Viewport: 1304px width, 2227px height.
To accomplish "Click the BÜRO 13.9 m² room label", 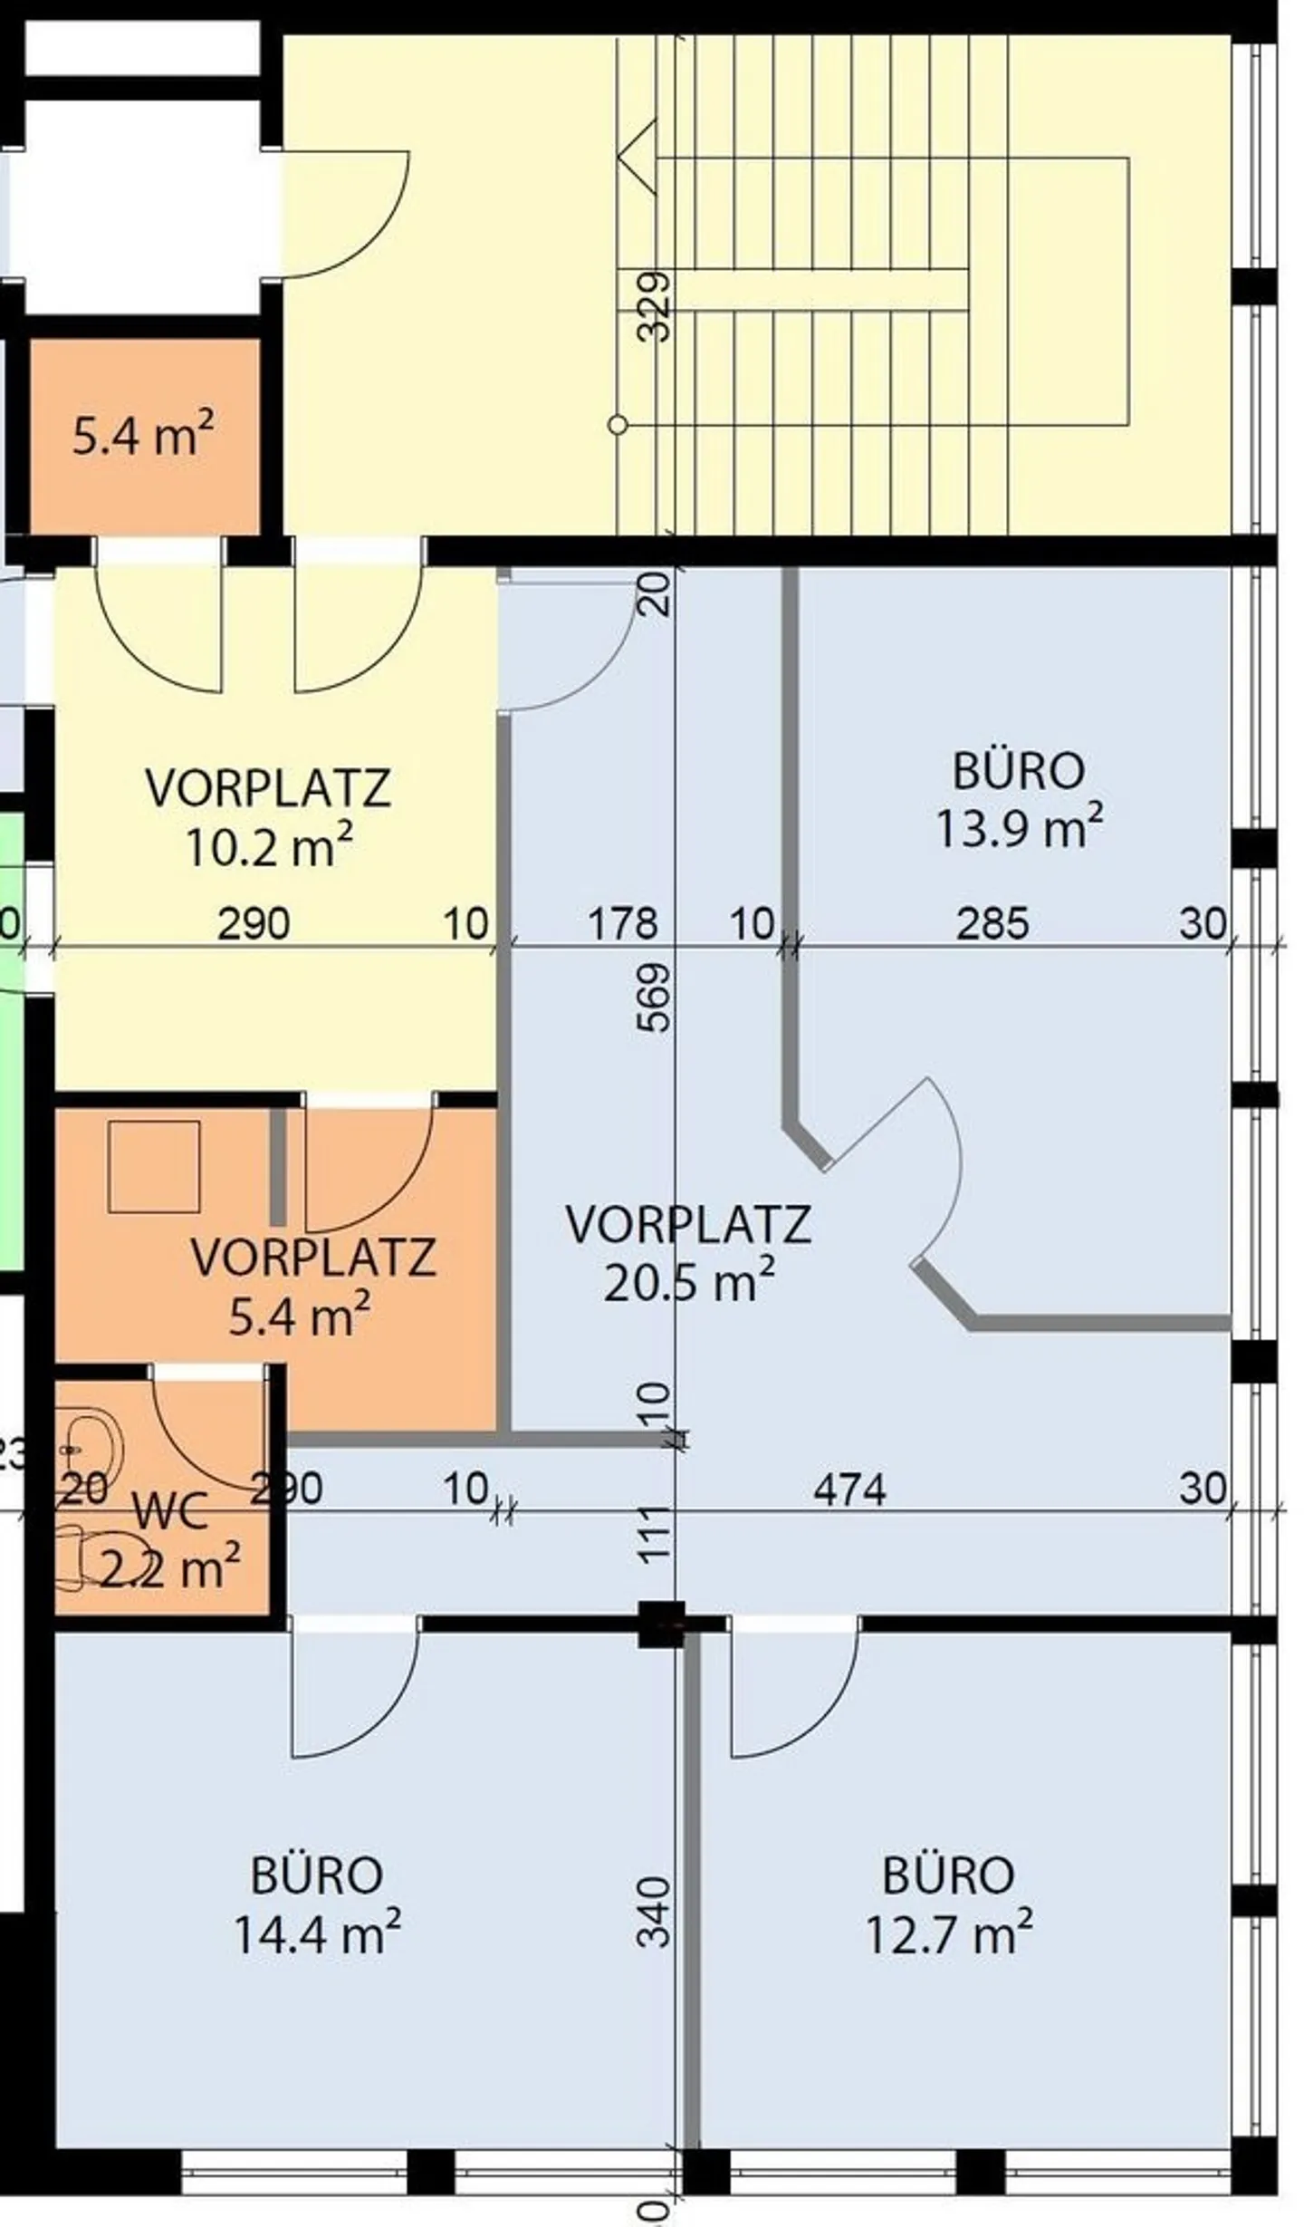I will pyautogui.click(x=1019, y=798).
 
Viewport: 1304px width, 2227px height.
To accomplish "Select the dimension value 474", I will pyautogui.click(x=849, y=1490).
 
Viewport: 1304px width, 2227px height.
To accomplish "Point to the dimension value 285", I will pyautogui.click(x=992, y=924).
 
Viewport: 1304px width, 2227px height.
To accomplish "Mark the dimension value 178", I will pyautogui.click(x=623, y=924).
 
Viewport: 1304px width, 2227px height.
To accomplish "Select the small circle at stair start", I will pyautogui.click(x=618, y=424).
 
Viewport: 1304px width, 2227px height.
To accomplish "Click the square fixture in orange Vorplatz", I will pyautogui.click(x=154, y=1166).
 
